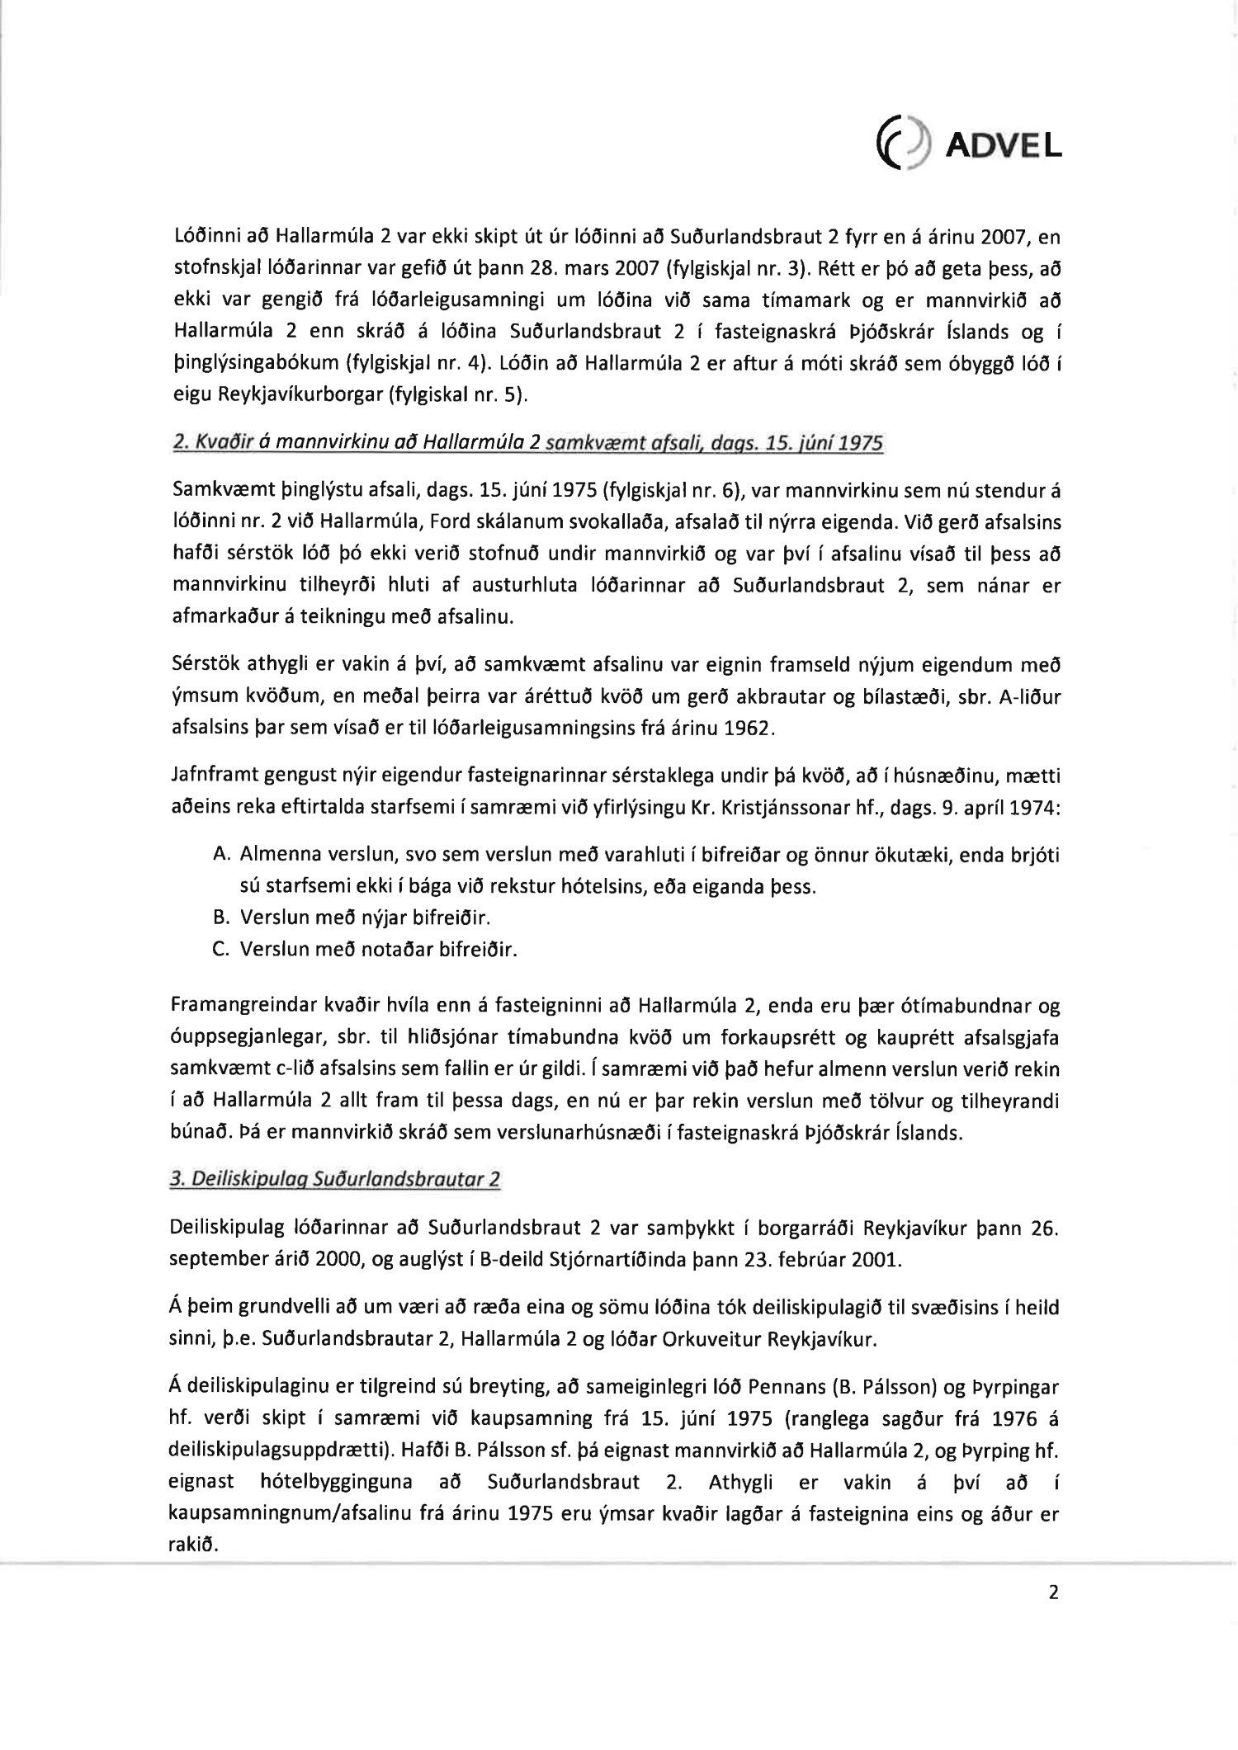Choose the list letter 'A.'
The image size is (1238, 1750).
pyautogui.click(x=220, y=855)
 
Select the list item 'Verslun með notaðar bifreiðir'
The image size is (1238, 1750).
pyautogui.click(x=378, y=949)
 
